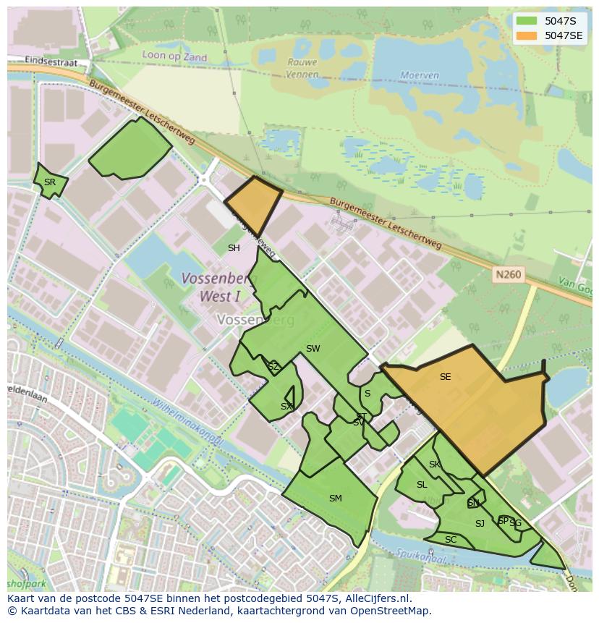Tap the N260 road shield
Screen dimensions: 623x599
508,275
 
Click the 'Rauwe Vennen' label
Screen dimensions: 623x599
302,67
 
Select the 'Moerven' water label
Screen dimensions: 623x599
420,75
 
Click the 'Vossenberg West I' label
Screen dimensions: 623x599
210,287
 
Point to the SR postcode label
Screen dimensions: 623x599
49,182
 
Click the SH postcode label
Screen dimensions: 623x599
234,248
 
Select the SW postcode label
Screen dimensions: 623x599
313,349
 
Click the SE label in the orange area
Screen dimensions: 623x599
445,376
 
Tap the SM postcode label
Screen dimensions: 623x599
335,498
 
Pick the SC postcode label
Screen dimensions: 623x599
451,540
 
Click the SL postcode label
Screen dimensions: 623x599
422,485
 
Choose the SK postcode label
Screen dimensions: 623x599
434,465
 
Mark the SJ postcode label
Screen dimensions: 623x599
480,523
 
